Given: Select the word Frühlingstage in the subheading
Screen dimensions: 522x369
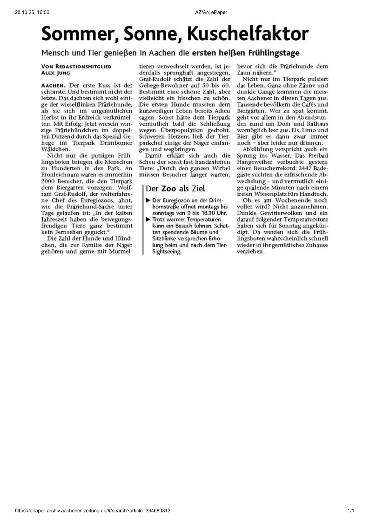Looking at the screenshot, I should click(274, 53).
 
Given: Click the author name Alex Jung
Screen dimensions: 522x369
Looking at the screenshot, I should click(56, 73).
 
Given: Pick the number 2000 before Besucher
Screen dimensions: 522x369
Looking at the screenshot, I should click(48, 181).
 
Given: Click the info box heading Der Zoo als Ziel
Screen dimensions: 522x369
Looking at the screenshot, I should click(175, 188).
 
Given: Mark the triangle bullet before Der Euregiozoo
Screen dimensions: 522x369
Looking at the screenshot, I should click(148, 200).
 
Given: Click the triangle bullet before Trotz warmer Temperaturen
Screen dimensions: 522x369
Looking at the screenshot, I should click(148, 219).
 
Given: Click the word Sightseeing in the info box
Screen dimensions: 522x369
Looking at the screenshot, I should click(167, 252).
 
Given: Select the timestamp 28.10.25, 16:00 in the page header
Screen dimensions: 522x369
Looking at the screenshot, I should click(32, 12).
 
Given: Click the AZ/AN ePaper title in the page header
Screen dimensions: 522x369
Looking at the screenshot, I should click(211, 12).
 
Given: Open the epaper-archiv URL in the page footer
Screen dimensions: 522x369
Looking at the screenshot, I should click(93, 511).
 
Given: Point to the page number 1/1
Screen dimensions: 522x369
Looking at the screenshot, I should click(351, 511).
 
